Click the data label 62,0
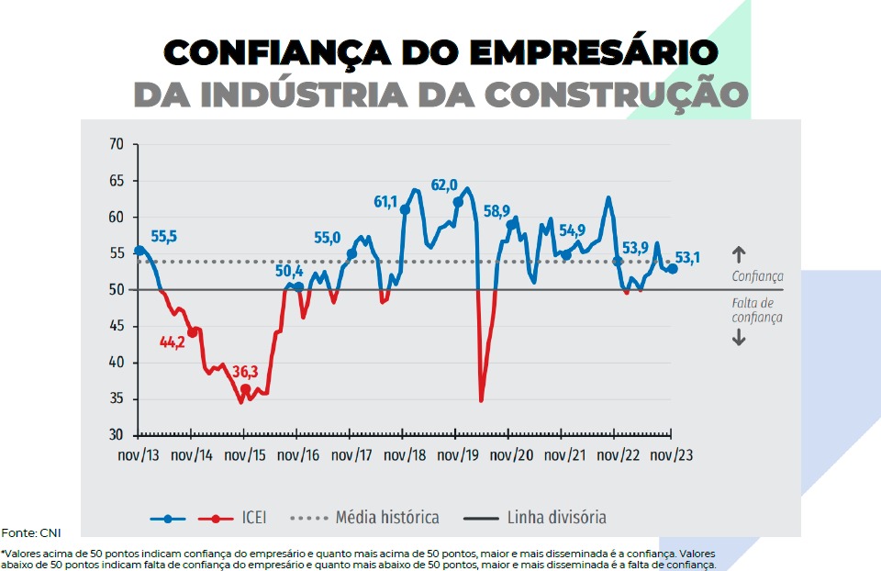point(444,185)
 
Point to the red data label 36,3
point(245,372)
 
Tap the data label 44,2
point(173,342)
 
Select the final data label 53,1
point(687,259)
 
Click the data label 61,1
point(386,202)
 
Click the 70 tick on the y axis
point(116,145)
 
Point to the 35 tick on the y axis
point(116,398)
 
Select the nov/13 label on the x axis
point(139,453)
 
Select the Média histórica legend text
point(387,518)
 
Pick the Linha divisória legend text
point(557,518)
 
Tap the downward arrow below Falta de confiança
point(740,339)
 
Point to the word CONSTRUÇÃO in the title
point(616,95)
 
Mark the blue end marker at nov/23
point(673,269)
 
